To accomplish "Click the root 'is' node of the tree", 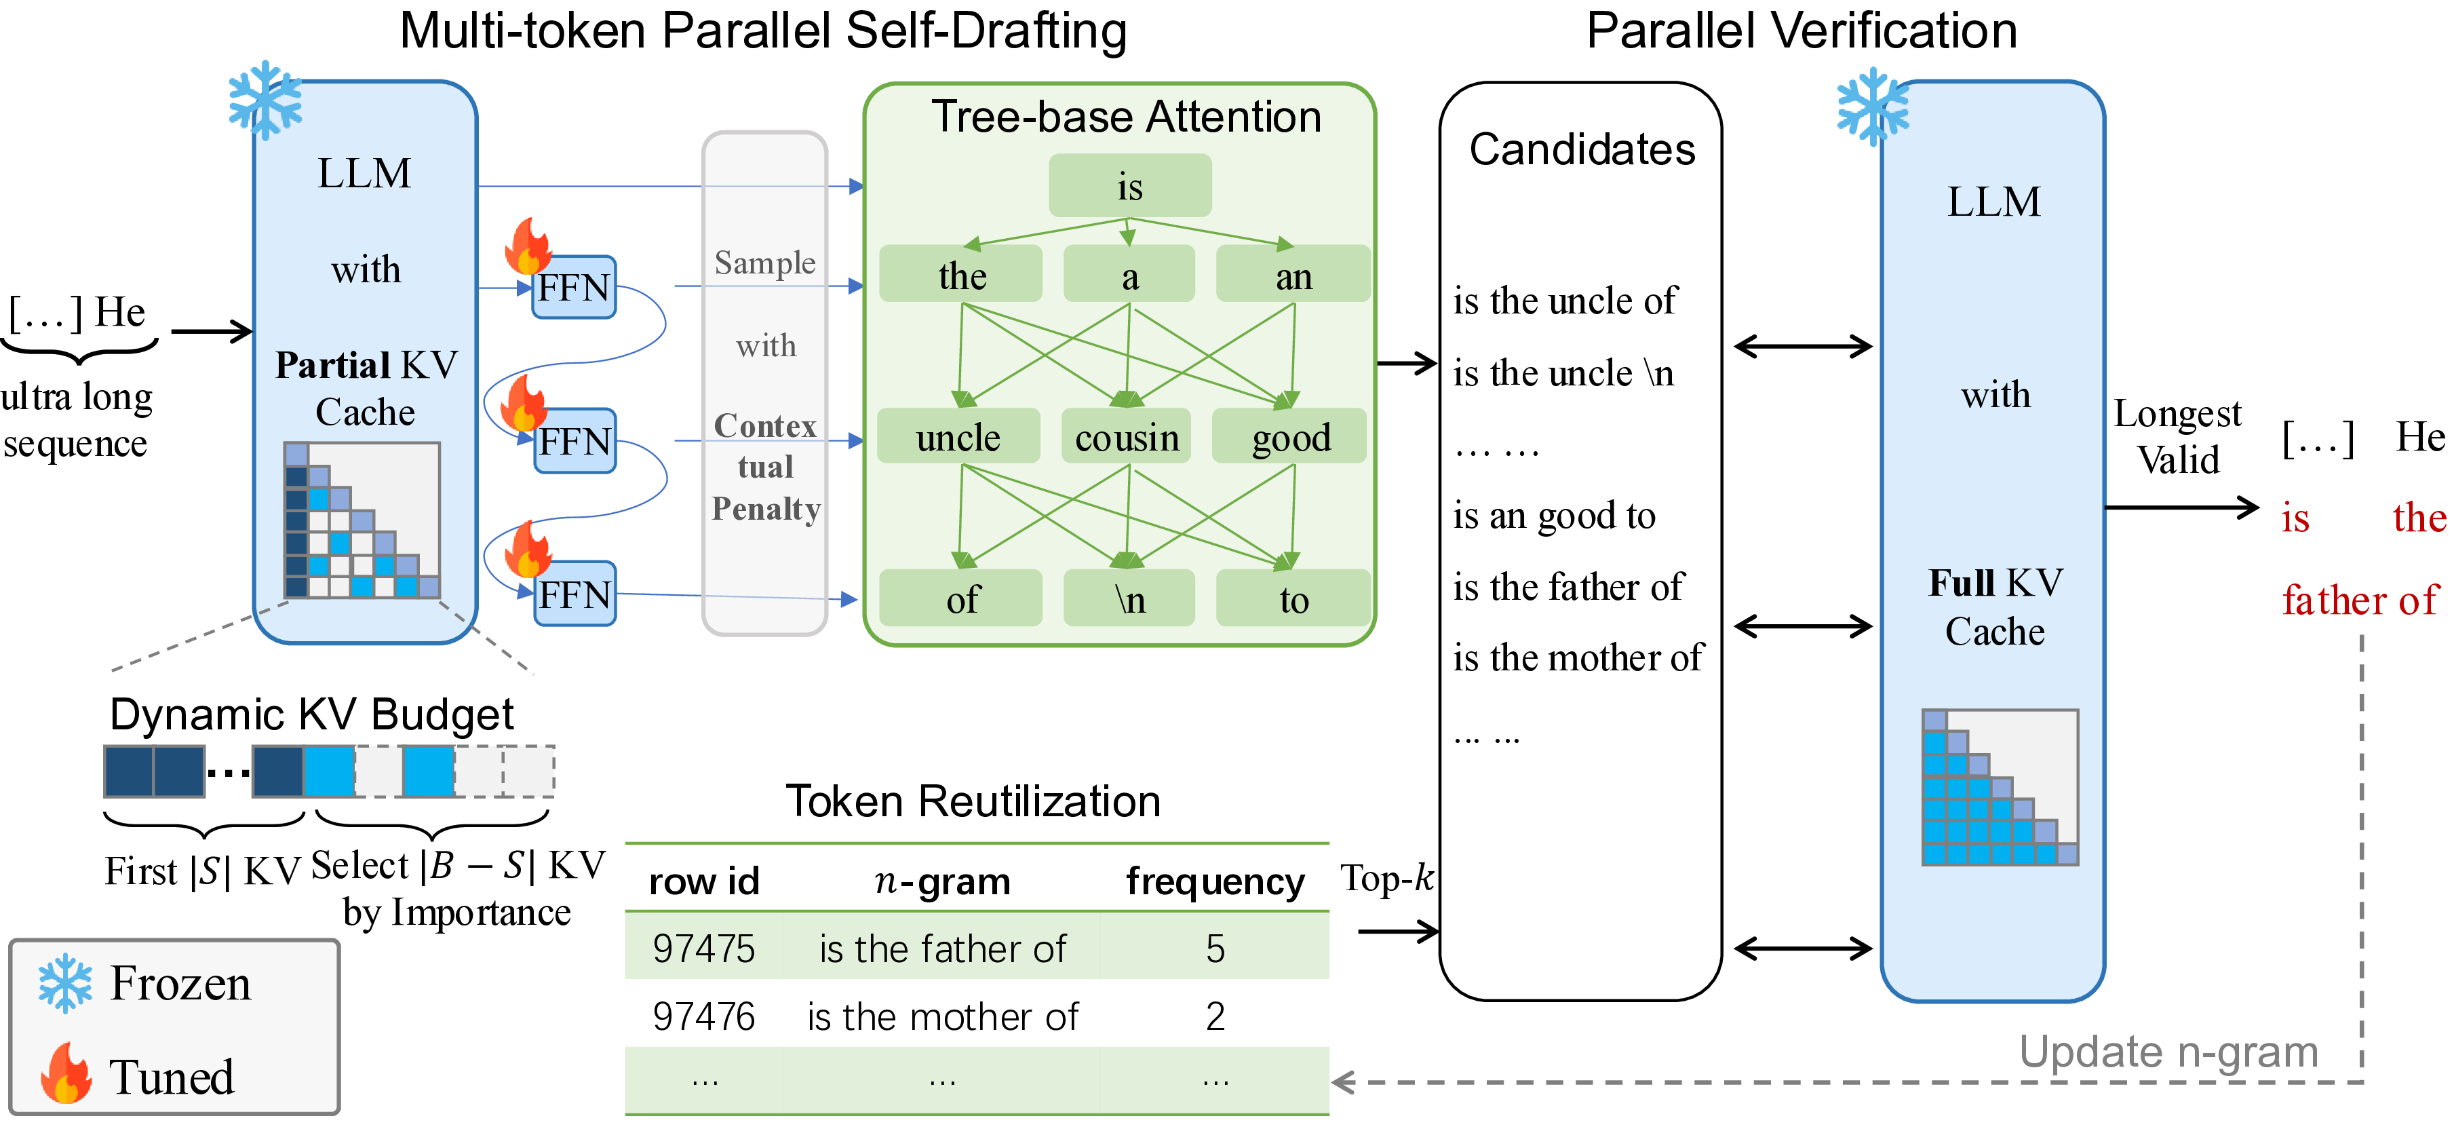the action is tap(1130, 186).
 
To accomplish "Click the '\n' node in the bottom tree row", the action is tap(1129, 598).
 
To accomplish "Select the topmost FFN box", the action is tap(574, 287).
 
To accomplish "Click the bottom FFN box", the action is tap(574, 594).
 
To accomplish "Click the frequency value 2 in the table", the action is tap(1215, 1016).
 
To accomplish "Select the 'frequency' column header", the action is tap(1215, 881).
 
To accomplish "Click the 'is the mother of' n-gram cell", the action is tap(942, 1016).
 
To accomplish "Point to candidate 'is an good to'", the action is tap(1554, 516).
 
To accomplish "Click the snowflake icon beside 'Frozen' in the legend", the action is tap(65, 982).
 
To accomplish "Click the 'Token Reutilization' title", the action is tap(973, 801).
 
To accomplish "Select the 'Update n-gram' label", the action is tap(2168, 1052).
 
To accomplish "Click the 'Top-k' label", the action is tap(1386, 877).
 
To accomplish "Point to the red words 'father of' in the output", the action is tap(2359, 600).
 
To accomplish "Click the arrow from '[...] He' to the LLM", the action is tap(212, 332).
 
